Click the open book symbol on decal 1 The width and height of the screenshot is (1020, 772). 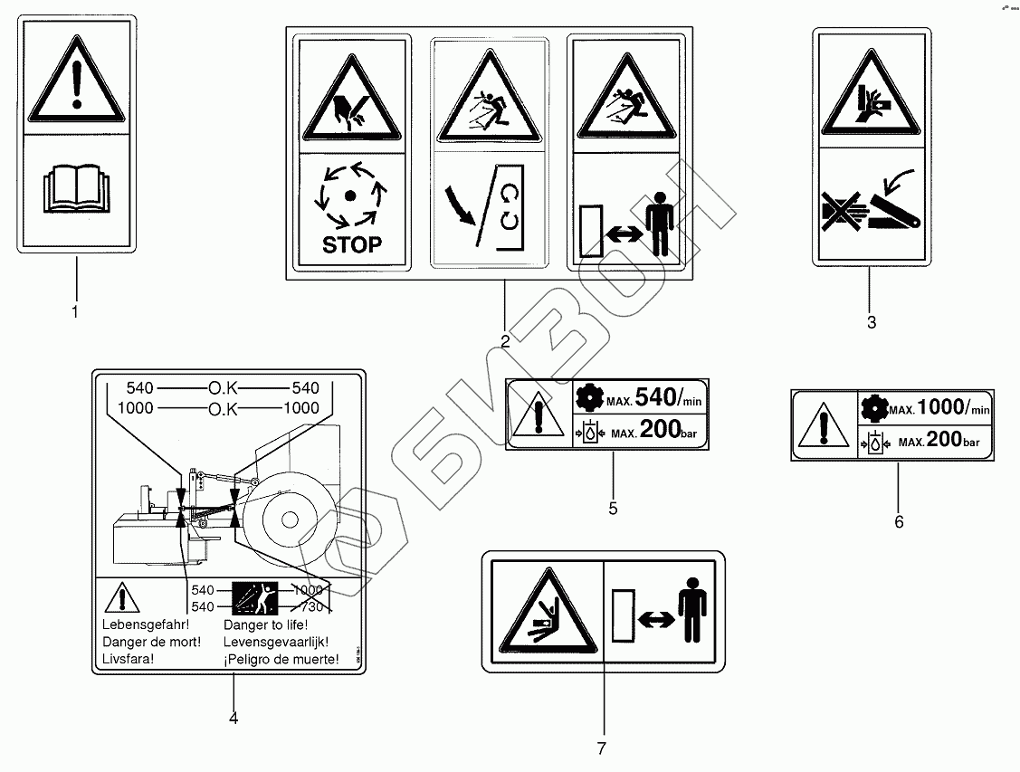(76, 193)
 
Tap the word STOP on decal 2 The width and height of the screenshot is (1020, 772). (351, 243)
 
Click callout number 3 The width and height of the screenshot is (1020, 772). (871, 322)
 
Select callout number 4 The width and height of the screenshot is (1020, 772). (234, 719)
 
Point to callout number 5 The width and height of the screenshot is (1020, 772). (613, 509)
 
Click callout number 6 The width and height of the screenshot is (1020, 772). (898, 521)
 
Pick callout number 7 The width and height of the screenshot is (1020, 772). (601, 748)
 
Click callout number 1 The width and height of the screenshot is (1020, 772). (75, 313)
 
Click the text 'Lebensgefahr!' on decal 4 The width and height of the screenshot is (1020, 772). (136, 625)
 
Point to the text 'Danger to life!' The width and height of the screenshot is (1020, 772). (265, 625)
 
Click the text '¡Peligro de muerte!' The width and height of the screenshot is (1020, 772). (281, 659)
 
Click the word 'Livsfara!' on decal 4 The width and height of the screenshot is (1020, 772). (128, 659)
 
